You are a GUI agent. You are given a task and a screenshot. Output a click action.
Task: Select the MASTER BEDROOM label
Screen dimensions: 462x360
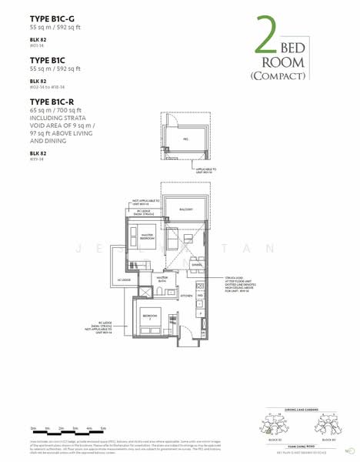pyautogui.click(x=143, y=239)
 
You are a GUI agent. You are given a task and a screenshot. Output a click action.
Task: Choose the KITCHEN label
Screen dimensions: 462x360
pyautogui.click(x=185, y=295)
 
